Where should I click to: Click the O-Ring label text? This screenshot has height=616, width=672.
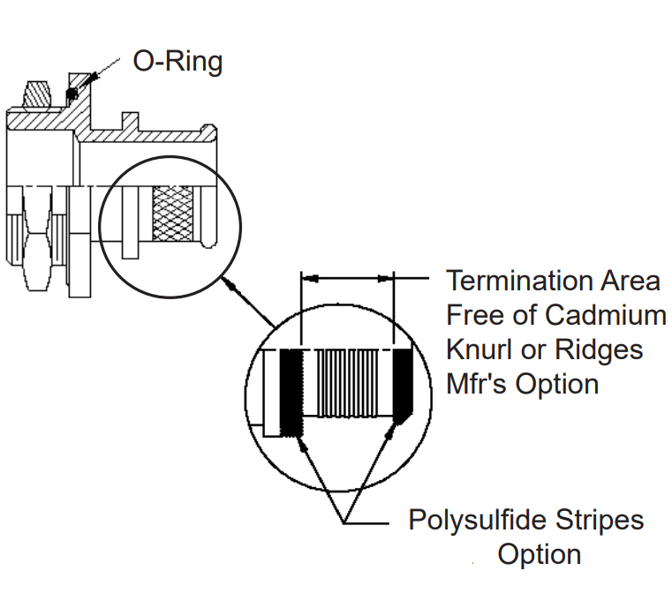click(x=177, y=62)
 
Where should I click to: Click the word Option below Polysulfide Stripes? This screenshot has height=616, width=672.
click(x=539, y=554)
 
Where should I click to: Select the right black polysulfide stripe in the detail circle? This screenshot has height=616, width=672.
click(x=404, y=385)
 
